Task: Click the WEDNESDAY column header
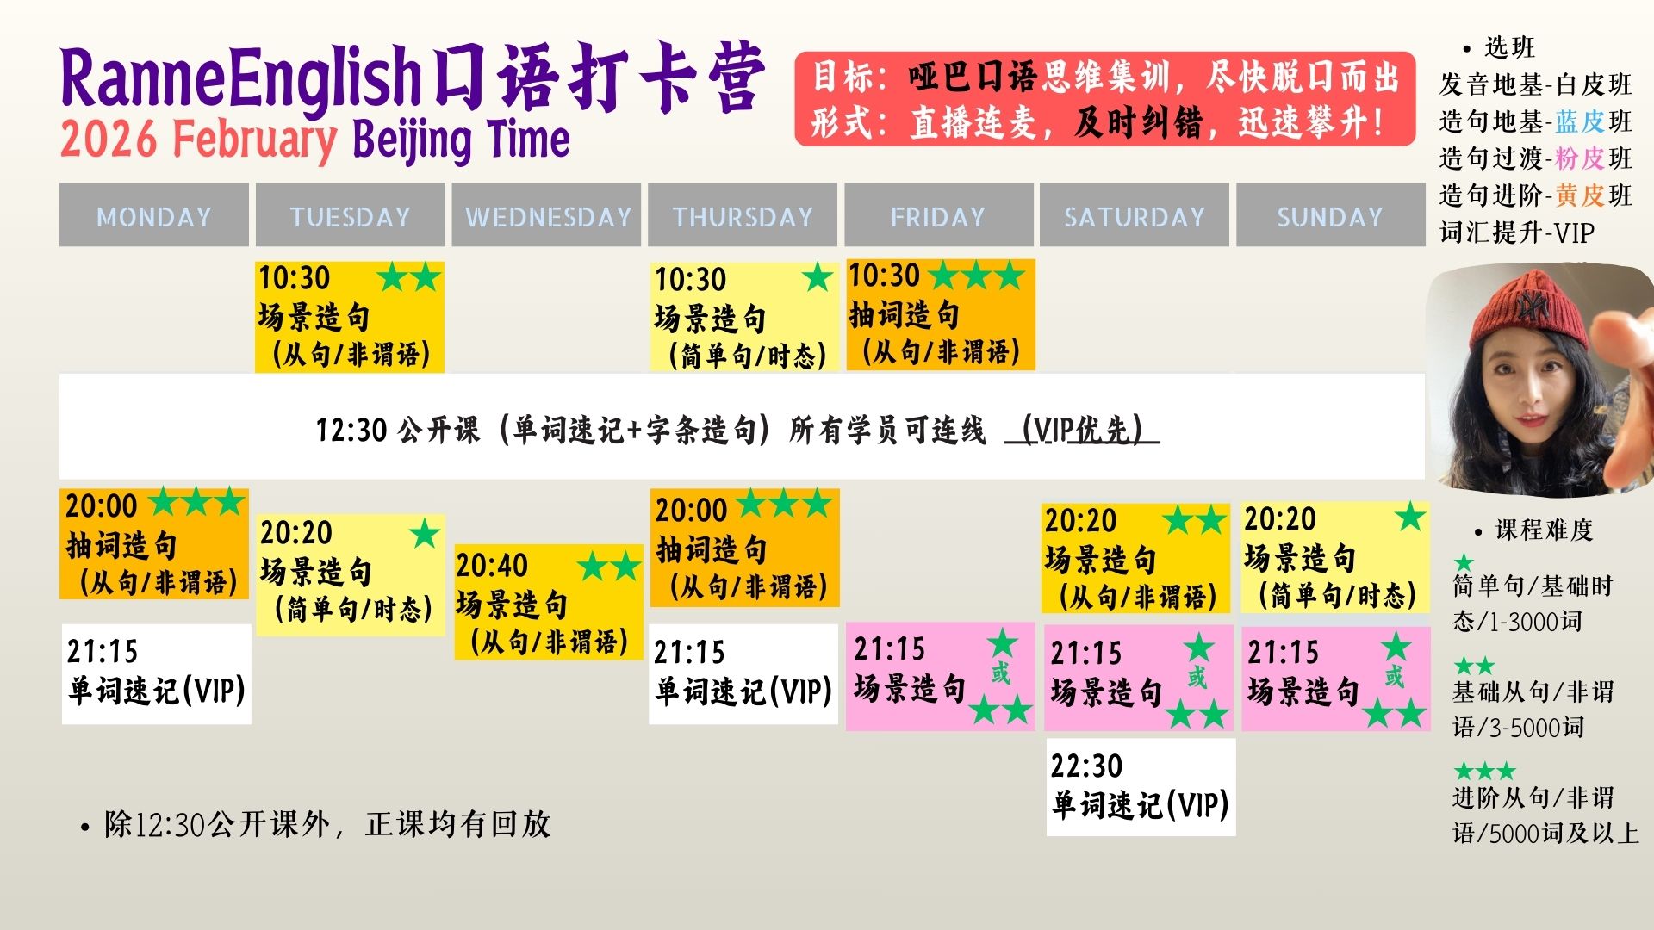click(x=548, y=216)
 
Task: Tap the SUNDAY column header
click(x=1329, y=216)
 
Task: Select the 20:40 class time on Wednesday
click(x=491, y=566)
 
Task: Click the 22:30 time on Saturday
click(x=1086, y=766)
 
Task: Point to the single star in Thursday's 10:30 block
click(x=817, y=278)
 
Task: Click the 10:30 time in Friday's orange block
click(x=884, y=276)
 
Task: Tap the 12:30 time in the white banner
click(x=351, y=429)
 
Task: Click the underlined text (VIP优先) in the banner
click(x=1082, y=429)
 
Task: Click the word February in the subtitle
click(x=254, y=139)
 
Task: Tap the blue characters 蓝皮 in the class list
click(x=1579, y=121)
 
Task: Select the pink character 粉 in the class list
click(x=1566, y=158)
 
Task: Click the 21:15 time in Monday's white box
click(x=102, y=652)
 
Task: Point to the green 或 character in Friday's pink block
click(x=1000, y=673)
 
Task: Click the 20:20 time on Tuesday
click(x=295, y=533)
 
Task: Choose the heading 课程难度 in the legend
click(x=1544, y=530)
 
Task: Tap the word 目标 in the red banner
click(x=843, y=77)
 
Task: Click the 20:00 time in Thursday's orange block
click(x=691, y=511)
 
